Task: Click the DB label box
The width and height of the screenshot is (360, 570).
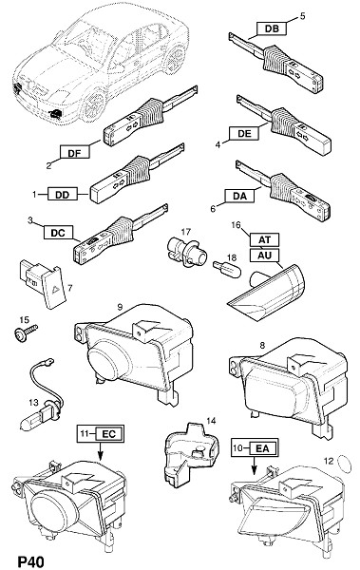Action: (x=272, y=28)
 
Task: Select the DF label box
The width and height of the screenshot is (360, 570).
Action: (x=74, y=152)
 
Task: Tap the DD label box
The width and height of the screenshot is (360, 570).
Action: (x=62, y=195)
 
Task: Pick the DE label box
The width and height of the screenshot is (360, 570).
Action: (x=244, y=133)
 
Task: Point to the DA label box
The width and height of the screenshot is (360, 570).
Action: (x=239, y=196)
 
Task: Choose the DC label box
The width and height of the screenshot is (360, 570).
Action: (x=58, y=233)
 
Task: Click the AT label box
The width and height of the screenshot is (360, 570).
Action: (x=265, y=240)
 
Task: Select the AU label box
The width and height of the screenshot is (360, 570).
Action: (x=265, y=255)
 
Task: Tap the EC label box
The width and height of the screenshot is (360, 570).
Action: (x=109, y=434)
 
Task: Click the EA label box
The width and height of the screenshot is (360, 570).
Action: (x=262, y=448)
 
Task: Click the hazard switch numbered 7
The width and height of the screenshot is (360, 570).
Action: (x=44, y=284)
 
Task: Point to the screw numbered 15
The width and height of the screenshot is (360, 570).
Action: (x=26, y=332)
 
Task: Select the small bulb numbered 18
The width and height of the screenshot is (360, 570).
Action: (x=227, y=270)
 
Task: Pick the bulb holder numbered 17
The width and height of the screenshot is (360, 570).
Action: (x=188, y=251)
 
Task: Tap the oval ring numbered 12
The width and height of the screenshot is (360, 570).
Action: (x=345, y=464)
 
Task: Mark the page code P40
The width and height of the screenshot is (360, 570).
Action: (x=30, y=561)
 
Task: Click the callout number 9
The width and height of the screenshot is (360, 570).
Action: (x=120, y=307)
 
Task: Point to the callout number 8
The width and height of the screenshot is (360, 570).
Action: (x=262, y=346)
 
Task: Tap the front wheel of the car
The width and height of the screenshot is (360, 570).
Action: (x=94, y=105)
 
